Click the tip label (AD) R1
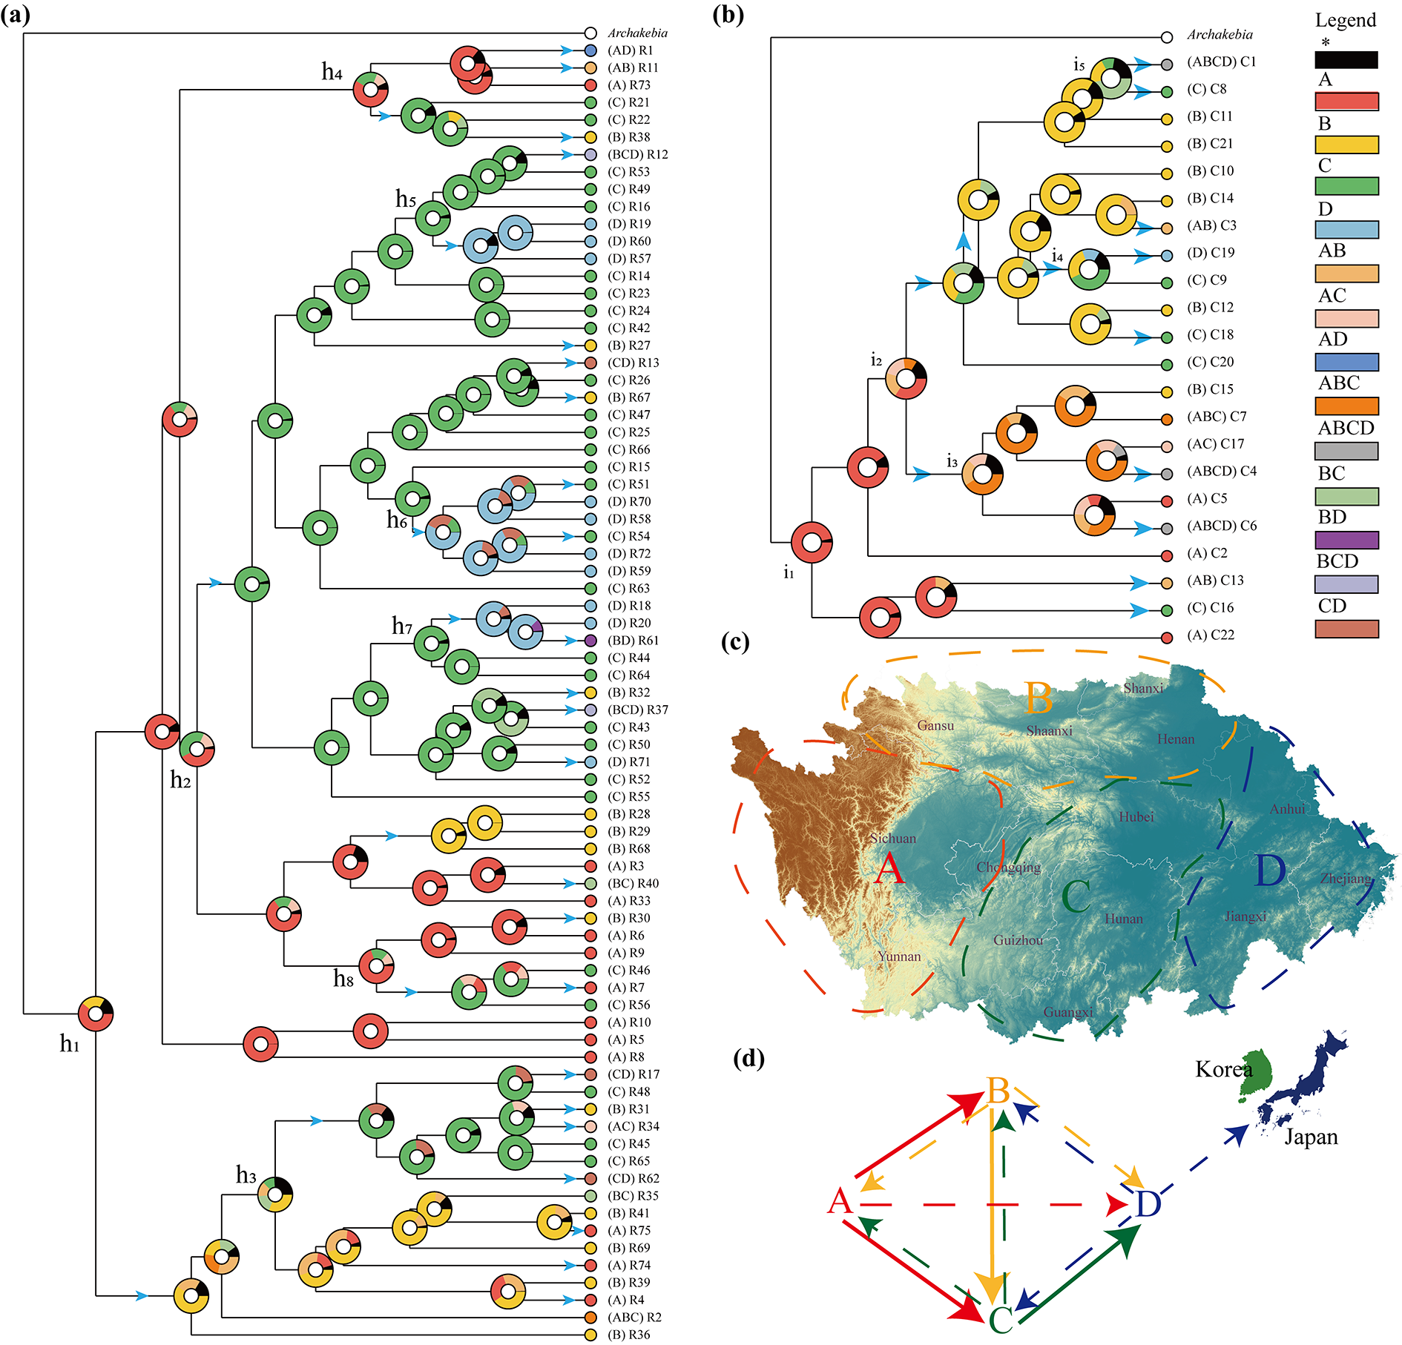point(630,50)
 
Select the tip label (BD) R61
point(633,641)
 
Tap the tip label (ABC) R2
point(634,1318)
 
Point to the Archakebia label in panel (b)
point(1220,35)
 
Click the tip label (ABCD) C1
point(1221,62)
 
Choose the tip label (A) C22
point(1211,635)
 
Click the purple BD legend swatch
point(1346,540)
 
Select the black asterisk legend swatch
point(1346,60)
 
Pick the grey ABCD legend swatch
point(1346,451)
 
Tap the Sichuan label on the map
point(892,839)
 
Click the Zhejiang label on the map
point(1345,879)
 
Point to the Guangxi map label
point(1068,1012)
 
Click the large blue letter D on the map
point(1269,870)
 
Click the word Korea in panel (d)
point(1223,1069)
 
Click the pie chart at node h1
point(96,1014)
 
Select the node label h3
point(246,1175)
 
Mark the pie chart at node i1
point(812,542)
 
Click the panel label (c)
point(734,641)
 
